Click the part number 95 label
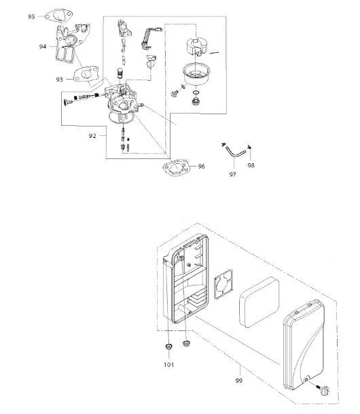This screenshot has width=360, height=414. (31, 16)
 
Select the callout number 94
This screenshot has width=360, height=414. (43, 47)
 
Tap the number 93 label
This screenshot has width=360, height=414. (59, 80)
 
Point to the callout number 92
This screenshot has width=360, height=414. (92, 136)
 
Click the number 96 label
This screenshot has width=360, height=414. (201, 167)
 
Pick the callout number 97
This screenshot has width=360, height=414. (232, 175)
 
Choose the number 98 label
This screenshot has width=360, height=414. (251, 166)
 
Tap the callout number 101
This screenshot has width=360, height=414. (168, 364)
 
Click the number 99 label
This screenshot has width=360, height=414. (238, 381)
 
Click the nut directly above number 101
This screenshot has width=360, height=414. (168, 346)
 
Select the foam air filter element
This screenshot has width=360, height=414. (259, 302)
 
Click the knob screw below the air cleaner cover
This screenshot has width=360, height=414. (323, 390)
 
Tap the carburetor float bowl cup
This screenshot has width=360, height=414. (196, 75)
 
